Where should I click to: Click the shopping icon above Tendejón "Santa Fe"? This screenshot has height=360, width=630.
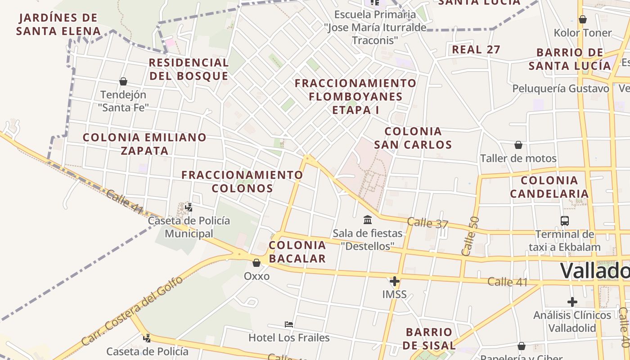123,81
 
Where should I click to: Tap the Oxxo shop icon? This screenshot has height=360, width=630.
256,263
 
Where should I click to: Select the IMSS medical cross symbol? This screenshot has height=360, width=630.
395,282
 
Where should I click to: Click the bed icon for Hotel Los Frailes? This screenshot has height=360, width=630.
289,324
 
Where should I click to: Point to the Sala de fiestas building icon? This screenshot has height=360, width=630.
368,220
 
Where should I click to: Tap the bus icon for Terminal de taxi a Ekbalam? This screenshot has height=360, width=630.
565,221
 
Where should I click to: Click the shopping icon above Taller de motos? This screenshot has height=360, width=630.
518,145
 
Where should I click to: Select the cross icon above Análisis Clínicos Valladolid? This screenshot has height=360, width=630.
572,301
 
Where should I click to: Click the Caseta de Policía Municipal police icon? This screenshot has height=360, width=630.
189,207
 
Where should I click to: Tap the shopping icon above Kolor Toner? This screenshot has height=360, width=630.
583,19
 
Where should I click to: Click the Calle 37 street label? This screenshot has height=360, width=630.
427,222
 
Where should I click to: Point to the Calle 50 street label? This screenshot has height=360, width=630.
471,236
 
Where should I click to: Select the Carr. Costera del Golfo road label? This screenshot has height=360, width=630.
133,310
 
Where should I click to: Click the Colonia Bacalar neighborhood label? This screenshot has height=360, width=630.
297,252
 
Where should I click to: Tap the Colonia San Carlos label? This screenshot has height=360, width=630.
413,138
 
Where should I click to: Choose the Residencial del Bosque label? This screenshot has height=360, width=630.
189,69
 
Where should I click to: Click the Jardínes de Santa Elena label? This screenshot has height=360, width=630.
58,24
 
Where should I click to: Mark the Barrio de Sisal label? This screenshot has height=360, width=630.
429,339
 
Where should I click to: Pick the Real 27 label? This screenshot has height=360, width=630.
476,49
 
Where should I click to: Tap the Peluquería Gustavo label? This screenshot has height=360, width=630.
561,88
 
